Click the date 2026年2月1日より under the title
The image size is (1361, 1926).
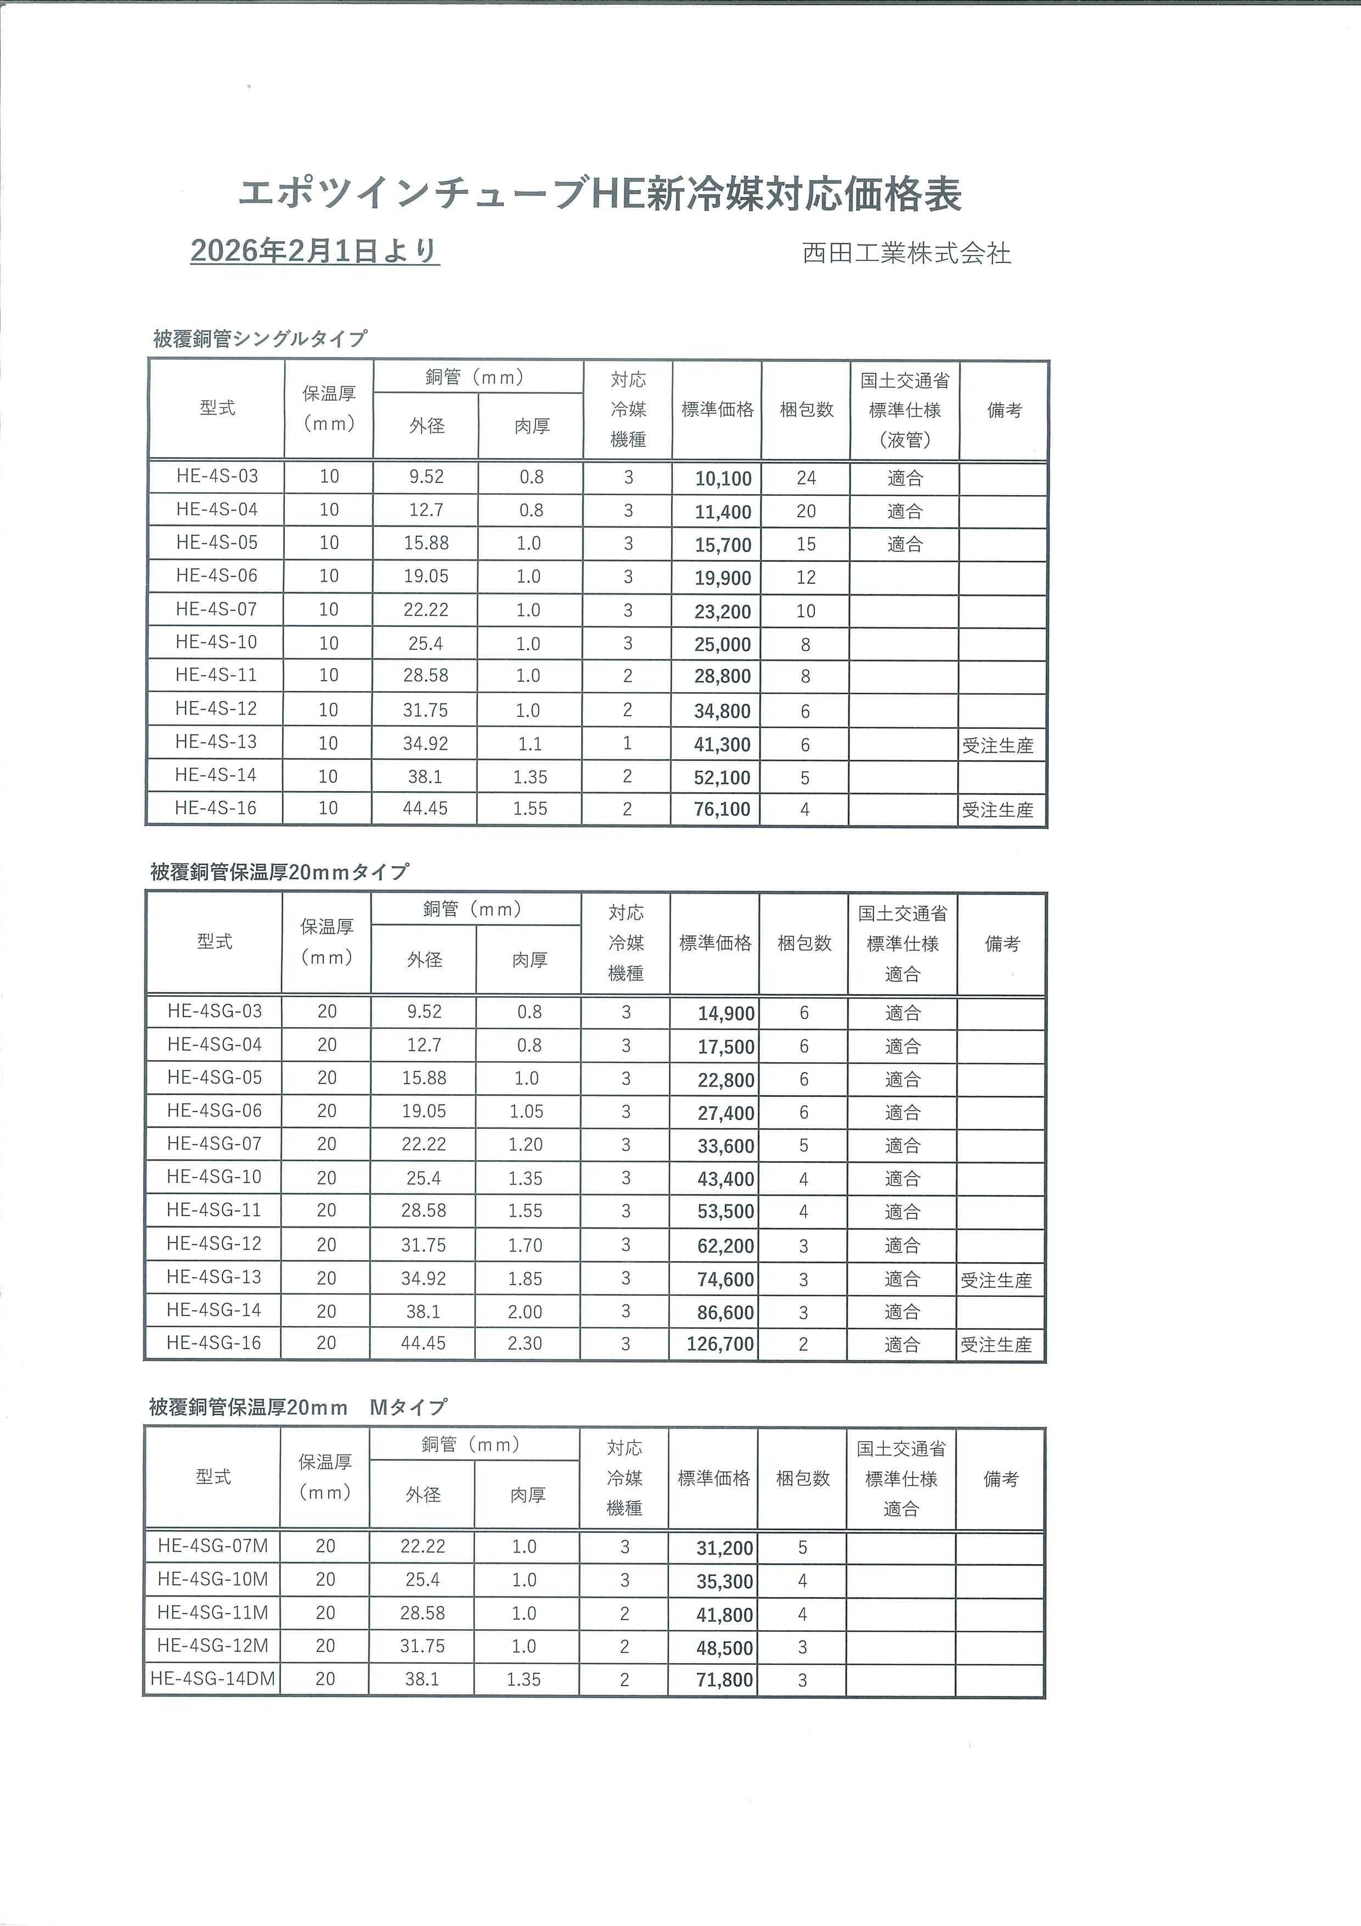(x=314, y=251)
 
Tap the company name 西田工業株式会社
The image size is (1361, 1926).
(x=907, y=253)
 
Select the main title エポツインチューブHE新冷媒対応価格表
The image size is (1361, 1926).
(x=600, y=194)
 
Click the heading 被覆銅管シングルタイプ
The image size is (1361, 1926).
(x=260, y=339)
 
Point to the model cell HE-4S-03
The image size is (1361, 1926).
(x=217, y=477)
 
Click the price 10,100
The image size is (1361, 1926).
(x=723, y=479)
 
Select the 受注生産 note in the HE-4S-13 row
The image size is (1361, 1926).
(x=997, y=746)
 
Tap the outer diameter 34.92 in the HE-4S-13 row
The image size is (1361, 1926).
(x=426, y=744)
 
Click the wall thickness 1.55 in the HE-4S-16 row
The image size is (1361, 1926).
(x=530, y=809)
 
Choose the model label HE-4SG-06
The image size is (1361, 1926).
(x=215, y=1111)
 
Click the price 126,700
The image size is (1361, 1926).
(x=721, y=1344)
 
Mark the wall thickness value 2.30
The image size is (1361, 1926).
(x=525, y=1344)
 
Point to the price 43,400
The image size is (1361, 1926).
(x=726, y=1179)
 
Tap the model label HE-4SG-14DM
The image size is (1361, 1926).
(x=213, y=1678)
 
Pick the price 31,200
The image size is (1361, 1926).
(x=724, y=1548)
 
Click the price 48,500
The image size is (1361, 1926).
(x=724, y=1648)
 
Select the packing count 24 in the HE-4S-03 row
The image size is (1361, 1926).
(x=806, y=478)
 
